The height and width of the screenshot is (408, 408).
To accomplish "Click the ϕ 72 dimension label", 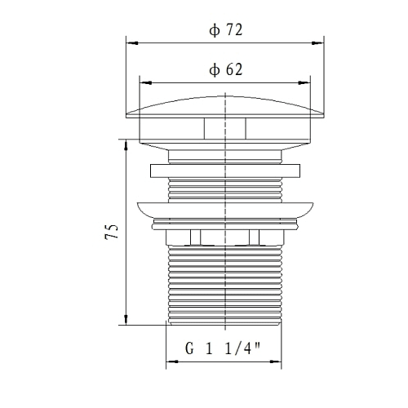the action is point(225,30).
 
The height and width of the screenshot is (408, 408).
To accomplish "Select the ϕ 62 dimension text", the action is point(225,70).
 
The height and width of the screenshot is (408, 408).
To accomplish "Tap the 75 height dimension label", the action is point(112,232).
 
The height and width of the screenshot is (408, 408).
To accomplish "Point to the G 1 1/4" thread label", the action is point(223,348).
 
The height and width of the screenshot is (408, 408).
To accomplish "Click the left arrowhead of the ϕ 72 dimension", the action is point(132,43).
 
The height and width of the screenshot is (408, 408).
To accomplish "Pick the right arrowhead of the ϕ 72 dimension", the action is point(317,43).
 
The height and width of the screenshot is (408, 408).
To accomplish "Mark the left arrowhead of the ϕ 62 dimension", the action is point(145,83).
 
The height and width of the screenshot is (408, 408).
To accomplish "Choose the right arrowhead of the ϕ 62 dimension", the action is point(304,83).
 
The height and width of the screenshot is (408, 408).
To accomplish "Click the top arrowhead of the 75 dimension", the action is point(126,145).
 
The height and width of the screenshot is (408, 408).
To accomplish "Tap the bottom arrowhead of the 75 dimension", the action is point(126,319).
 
